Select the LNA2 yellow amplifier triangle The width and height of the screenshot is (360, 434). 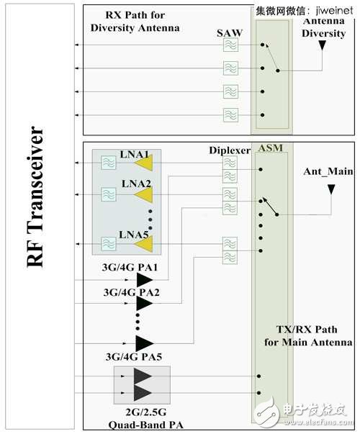[x=144, y=194]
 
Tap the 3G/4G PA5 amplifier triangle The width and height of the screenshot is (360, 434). [x=145, y=343]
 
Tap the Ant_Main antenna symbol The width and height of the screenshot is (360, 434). [x=331, y=191]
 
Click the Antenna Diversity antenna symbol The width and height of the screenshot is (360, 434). [x=323, y=46]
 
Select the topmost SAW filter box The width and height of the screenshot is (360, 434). [x=230, y=45]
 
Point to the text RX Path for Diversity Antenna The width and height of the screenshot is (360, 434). [x=135, y=22]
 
